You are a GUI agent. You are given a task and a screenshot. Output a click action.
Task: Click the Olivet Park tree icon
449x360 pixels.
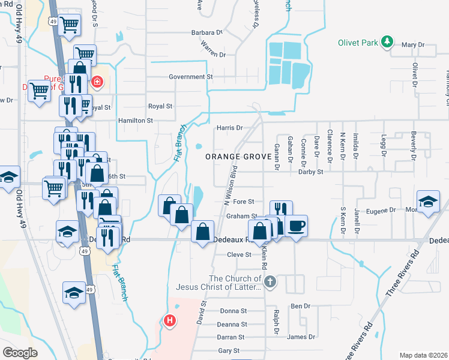click(x=388, y=42)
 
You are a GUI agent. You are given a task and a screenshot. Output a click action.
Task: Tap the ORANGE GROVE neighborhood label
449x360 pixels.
click(x=235, y=157)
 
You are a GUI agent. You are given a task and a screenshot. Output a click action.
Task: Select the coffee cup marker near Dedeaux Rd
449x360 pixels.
click(x=296, y=226)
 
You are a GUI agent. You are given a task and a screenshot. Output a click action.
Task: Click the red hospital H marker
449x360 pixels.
click(x=170, y=321)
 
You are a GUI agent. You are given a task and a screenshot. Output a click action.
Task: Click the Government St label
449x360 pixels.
click(x=191, y=77)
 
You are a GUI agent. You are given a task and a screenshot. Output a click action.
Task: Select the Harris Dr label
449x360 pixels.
click(x=229, y=128)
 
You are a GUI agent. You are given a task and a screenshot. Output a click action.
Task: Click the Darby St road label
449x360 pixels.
click(x=310, y=172)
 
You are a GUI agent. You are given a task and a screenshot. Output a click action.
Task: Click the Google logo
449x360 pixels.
click(x=20, y=352)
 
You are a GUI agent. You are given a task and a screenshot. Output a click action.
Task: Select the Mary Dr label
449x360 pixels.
click(x=412, y=45)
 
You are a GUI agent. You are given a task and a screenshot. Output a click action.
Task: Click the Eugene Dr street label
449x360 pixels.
click(x=384, y=210)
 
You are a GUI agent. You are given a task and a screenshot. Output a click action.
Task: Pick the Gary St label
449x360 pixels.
click(x=229, y=350)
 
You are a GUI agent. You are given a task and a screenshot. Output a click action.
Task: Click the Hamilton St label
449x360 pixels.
click(x=135, y=121)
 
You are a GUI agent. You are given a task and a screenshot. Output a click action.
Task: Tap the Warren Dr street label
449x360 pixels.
click(x=213, y=50)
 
